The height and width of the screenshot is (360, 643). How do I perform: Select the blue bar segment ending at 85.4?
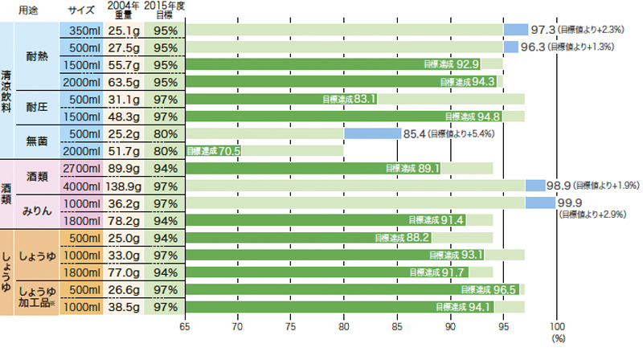(x=373, y=134)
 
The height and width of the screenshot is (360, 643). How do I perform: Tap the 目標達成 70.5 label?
(x=214, y=150)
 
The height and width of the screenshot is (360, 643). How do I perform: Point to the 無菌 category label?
(x=38, y=141)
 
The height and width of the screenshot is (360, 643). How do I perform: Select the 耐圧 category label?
(x=38, y=107)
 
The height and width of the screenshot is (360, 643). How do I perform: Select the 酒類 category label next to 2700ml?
(x=38, y=176)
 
